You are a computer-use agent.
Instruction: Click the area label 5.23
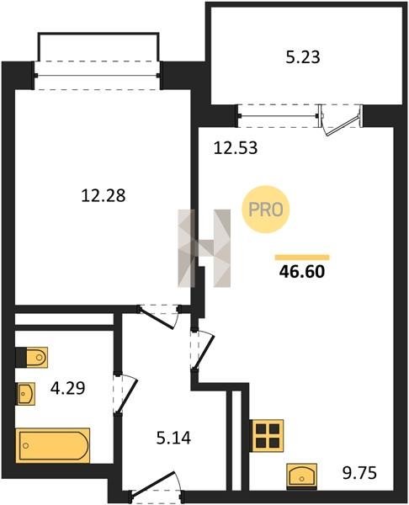(303, 57)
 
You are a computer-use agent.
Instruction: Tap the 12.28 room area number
(103, 195)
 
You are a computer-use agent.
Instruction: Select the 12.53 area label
(236, 148)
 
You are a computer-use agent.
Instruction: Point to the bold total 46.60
(302, 272)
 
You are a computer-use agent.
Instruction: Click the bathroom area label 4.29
(68, 388)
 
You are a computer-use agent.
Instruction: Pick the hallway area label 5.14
(173, 439)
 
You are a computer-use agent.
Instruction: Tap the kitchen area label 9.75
(359, 473)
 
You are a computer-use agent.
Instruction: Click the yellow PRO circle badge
(266, 210)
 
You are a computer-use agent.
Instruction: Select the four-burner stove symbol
(267, 436)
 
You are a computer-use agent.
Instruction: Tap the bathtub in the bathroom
(53, 445)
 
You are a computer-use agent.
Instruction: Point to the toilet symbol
(32, 357)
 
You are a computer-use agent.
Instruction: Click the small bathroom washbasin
(25, 393)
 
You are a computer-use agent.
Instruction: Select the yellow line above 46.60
(302, 257)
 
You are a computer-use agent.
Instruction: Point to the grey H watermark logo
(204, 248)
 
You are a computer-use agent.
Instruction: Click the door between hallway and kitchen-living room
(202, 348)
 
